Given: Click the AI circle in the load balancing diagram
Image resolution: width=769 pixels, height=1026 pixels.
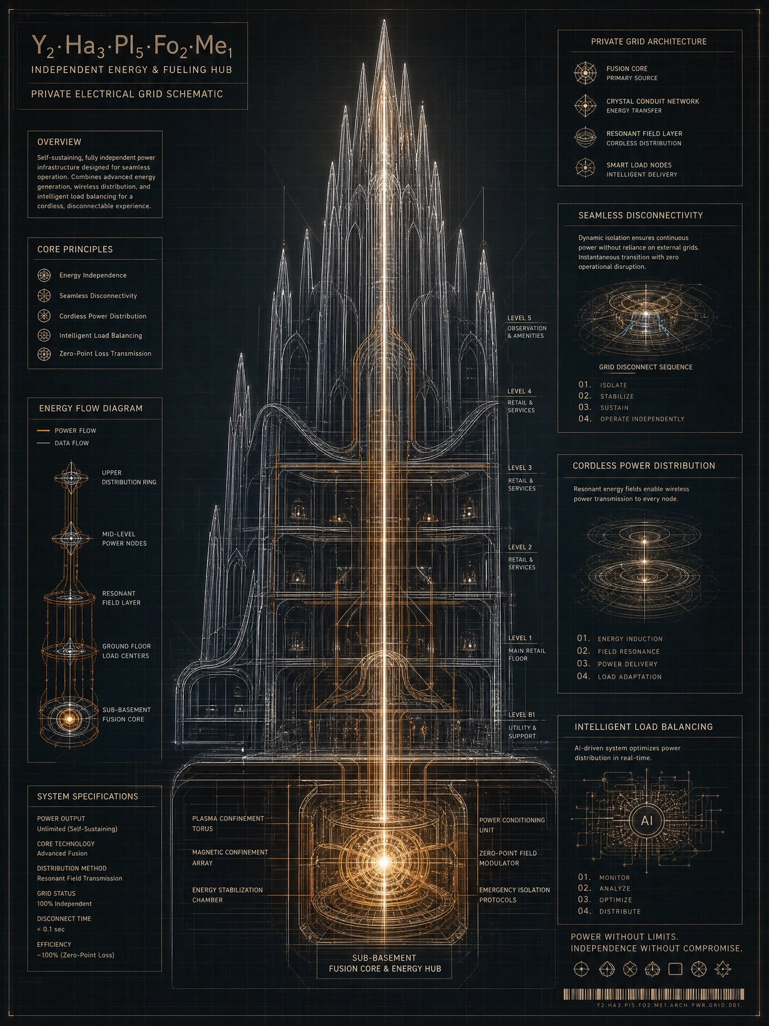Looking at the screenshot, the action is tap(647, 820).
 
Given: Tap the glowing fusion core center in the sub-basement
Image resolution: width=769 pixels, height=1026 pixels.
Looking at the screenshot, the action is tap(383, 861).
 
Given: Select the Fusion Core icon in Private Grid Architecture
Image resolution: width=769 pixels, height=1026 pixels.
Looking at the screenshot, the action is tap(585, 73).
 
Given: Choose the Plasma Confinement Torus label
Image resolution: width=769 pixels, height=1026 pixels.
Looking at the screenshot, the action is tap(228, 823).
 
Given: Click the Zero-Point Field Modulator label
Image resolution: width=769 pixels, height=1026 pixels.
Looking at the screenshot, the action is tap(508, 858).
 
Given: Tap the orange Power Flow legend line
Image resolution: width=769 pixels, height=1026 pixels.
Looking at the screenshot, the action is tap(43, 430).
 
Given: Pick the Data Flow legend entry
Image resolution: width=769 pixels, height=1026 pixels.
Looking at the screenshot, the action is tap(63, 443).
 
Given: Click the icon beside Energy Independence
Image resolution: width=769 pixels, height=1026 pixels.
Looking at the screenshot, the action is tap(44, 275).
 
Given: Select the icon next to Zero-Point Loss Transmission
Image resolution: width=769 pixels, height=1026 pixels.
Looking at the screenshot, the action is tap(44, 354).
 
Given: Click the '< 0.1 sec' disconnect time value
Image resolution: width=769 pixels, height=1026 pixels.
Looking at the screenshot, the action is tap(51, 929).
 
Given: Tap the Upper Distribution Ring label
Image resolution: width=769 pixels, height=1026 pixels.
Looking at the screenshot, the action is tap(129, 477).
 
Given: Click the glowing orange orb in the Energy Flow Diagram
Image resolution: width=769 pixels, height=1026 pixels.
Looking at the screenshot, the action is tap(69, 718).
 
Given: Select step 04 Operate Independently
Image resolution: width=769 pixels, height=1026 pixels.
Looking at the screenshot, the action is tap(632, 418).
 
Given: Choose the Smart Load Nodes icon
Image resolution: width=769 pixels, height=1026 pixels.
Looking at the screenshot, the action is tap(585, 168).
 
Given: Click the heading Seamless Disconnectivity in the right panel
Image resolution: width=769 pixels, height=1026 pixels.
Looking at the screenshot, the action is tap(641, 215).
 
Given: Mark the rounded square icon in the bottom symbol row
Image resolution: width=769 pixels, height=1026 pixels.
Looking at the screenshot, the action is tap(675, 968).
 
